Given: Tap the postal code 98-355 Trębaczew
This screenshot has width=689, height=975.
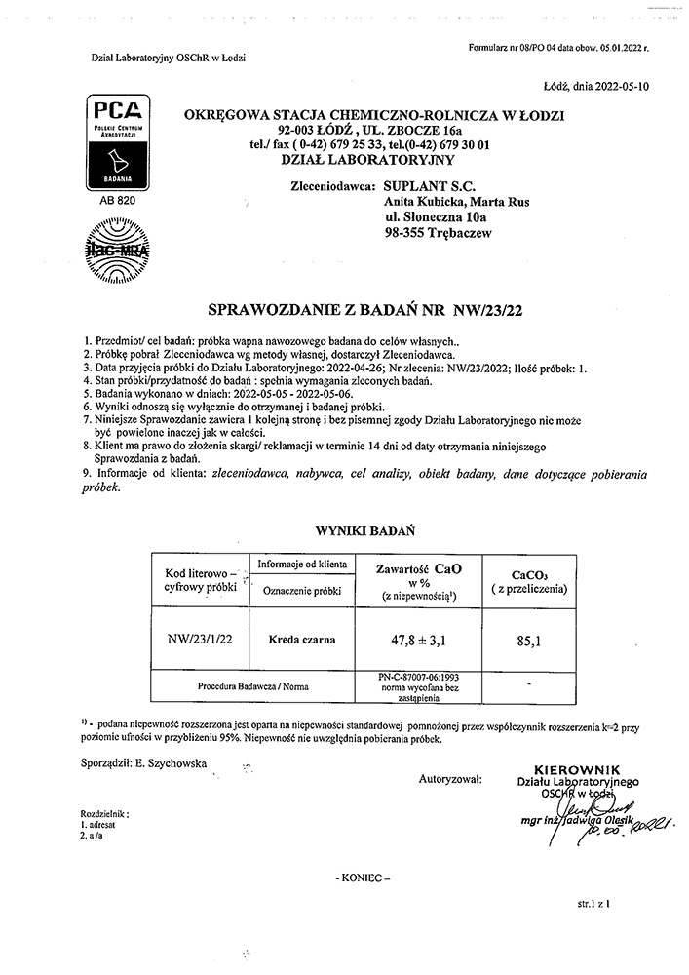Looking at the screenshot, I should [x=439, y=234].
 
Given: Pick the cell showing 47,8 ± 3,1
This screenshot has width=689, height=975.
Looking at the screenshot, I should [x=418, y=640].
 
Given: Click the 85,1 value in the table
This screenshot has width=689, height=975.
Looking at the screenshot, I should [x=526, y=641].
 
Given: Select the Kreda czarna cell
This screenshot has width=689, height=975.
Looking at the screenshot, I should [x=302, y=640].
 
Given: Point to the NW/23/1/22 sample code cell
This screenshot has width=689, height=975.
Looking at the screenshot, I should [x=202, y=640].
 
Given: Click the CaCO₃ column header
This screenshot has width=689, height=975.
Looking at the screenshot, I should [x=526, y=581].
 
